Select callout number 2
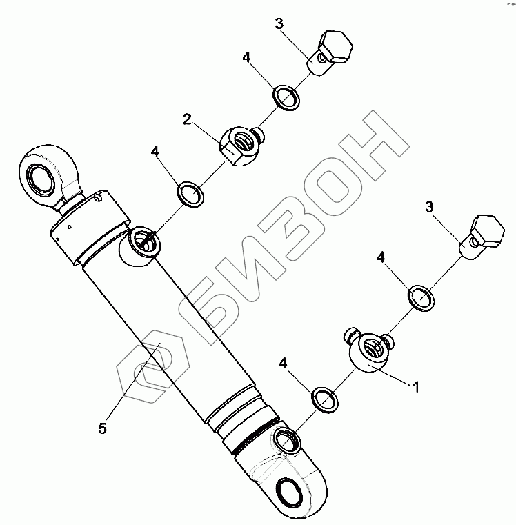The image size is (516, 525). [x=187, y=119]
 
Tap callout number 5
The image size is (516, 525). [x=102, y=428]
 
